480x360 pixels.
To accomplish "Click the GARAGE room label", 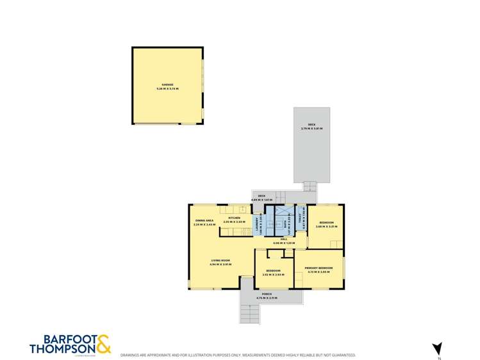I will pos(167,85).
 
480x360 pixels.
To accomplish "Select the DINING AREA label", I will pos(204,221).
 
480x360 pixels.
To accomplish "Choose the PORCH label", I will pos(266,294).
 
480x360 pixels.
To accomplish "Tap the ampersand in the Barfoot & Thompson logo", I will pos(103,344).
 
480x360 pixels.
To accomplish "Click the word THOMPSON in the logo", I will pos(63,349).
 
